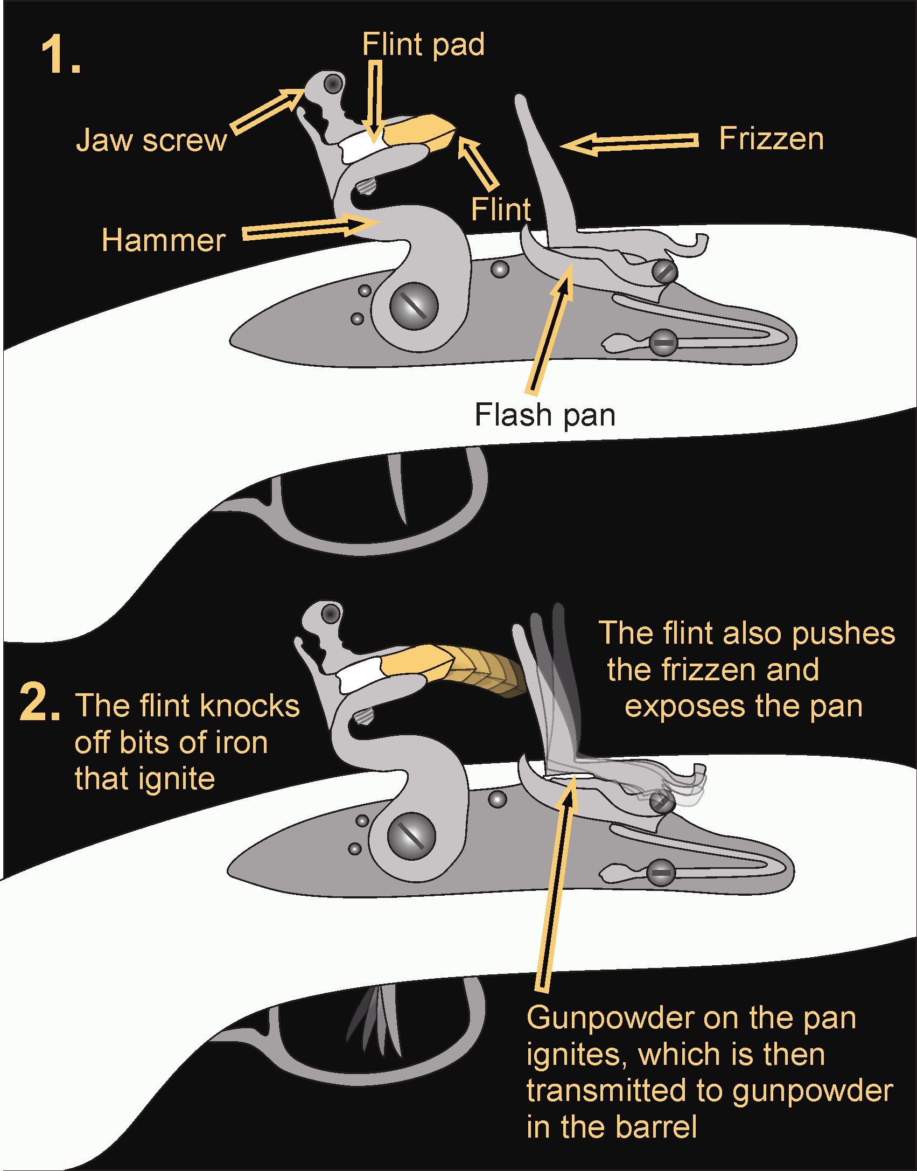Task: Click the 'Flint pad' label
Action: [423, 44]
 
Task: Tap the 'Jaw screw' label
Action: [151, 140]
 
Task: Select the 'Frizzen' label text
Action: [771, 139]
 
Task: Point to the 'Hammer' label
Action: [163, 240]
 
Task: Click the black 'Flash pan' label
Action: [544, 415]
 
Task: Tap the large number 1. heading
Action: [61, 56]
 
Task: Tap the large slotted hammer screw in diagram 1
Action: [414, 306]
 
